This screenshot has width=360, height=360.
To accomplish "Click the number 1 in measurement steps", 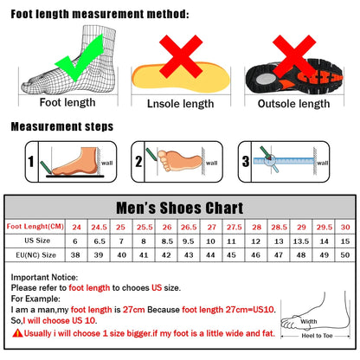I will [30, 162].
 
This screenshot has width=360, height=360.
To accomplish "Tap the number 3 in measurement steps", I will [245, 162].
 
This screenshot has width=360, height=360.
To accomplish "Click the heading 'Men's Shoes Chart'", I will [180, 208].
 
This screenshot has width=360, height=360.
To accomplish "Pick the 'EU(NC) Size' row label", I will [34, 255].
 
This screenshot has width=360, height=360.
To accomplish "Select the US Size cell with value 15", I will [346, 241].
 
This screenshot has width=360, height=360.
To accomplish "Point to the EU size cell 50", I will [346, 255].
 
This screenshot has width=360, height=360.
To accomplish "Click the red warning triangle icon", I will [17, 332].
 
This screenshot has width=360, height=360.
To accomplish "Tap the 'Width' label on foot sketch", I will [309, 322].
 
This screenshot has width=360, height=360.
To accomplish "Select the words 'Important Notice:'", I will [45, 276].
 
